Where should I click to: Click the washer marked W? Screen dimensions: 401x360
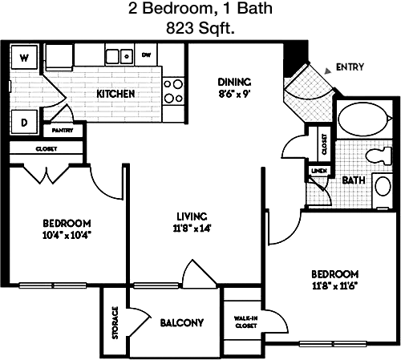[24, 57]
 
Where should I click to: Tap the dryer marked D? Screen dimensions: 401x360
[24, 122]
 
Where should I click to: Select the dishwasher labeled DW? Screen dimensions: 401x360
[146, 55]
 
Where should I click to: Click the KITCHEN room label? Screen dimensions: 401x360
[115, 94]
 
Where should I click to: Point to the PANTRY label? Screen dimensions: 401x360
[63, 131]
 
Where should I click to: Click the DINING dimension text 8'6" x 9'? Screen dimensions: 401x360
[234, 94]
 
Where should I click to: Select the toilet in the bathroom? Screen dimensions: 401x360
[379, 156]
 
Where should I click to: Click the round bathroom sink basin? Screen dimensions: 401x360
[383, 186]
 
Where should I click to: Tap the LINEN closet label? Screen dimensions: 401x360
[319, 171]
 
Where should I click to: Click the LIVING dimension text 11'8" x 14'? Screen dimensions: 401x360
[192, 229]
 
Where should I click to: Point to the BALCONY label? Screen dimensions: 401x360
[182, 323]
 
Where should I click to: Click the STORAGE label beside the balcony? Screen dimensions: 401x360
[115, 322]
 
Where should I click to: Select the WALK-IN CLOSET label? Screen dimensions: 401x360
[245, 322]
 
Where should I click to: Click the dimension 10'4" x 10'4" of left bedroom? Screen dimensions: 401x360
[67, 235]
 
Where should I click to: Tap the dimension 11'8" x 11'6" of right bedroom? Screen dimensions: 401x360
[335, 286]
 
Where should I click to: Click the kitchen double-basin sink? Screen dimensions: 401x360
[119, 56]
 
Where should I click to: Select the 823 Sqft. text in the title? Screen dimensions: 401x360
[200, 28]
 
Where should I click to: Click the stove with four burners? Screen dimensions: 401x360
[173, 91]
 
